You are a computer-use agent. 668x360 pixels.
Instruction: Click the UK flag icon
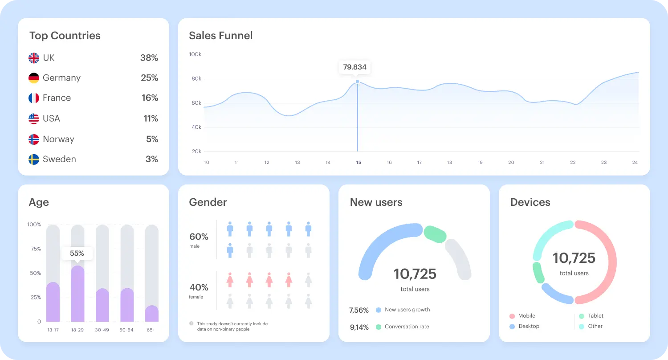34,58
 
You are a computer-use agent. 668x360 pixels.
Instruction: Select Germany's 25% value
150,78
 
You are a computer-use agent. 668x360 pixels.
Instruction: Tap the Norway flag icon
34,139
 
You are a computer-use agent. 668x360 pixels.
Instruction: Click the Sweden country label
59,160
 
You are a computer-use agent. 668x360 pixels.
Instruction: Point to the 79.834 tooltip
354,67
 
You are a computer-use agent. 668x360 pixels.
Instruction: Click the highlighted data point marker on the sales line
357,82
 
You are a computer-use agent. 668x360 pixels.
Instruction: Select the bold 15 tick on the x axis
358,163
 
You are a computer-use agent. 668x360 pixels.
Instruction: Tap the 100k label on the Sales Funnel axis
195,54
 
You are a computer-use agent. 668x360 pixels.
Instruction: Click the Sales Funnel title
220,36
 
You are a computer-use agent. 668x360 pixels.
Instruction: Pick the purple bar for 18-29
77,294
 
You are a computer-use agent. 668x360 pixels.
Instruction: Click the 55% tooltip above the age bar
77,254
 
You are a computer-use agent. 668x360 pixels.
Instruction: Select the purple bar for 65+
152,314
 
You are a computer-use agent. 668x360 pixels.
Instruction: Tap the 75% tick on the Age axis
35,249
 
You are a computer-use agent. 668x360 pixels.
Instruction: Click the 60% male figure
199,237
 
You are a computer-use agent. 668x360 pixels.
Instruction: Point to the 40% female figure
199,287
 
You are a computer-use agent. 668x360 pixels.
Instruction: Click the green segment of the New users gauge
435,234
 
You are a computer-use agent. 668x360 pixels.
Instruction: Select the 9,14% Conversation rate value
359,327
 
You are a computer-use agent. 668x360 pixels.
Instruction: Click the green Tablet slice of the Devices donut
538,273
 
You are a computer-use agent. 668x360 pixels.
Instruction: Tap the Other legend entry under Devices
595,326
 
